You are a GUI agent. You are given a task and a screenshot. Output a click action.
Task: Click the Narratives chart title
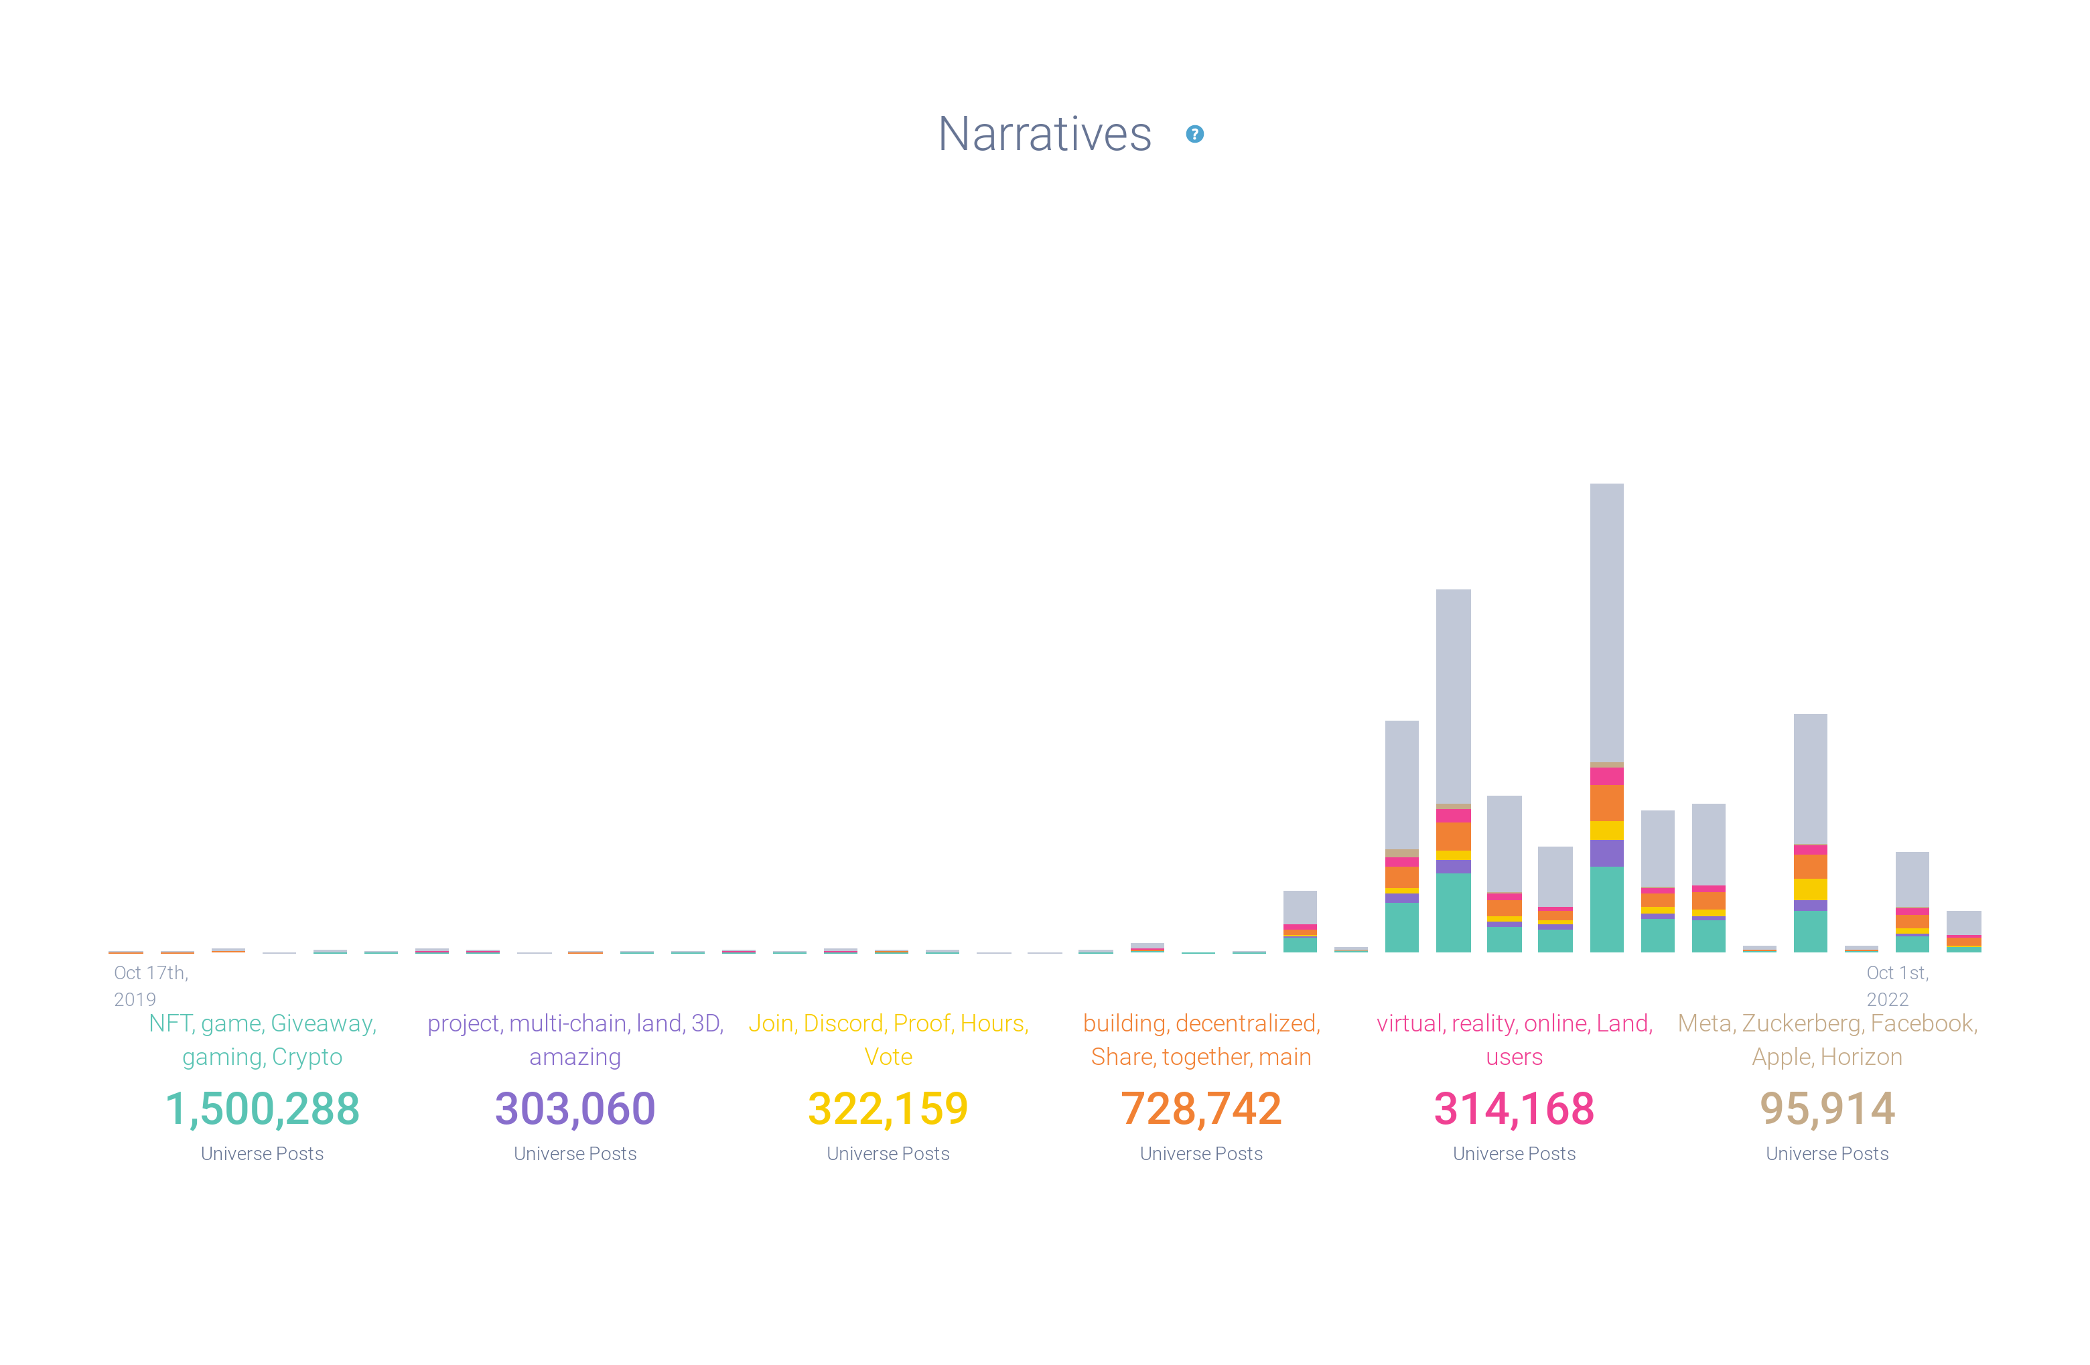point(1044,135)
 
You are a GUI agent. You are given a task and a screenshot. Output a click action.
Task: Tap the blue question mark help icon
point(1194,135)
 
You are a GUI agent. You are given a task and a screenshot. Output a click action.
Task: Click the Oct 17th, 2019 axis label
point(150,985)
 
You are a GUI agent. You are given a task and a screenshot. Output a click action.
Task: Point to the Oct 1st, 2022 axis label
point(1897,985)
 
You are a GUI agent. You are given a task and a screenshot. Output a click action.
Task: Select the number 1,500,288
point(262,1108)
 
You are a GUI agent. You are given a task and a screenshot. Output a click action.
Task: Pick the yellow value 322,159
point(888,1108)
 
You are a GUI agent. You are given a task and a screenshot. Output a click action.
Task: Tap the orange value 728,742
point(1200,1108)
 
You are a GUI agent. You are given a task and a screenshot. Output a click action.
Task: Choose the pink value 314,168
point(1514,1108)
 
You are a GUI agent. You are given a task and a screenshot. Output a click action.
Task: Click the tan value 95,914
point(1827,1108)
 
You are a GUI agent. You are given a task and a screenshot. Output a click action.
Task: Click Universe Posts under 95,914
point(1827,1153)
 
